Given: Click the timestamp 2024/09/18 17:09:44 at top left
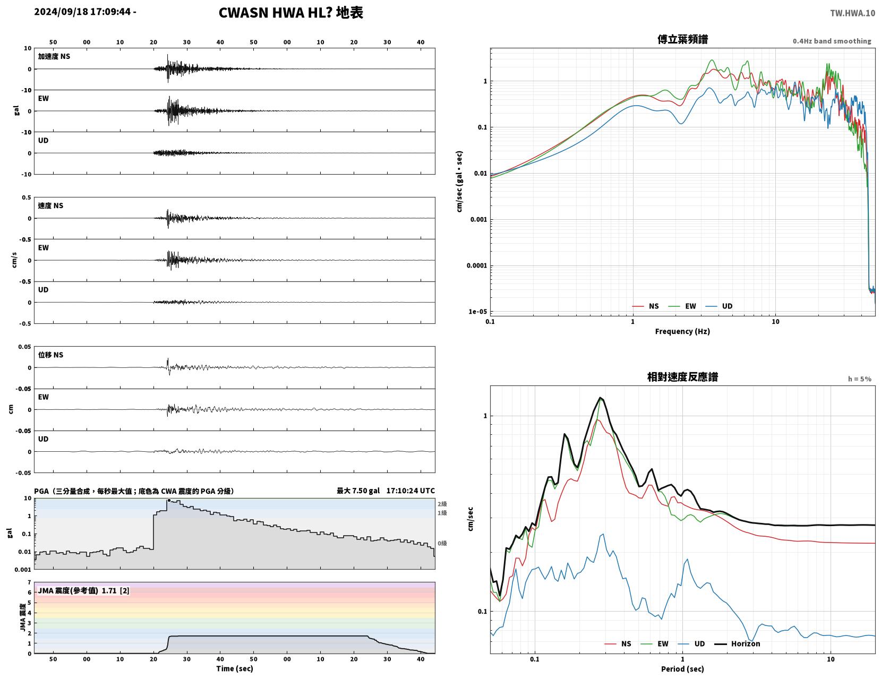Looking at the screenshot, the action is (82, 12).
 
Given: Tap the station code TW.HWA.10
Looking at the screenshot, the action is (852, 13).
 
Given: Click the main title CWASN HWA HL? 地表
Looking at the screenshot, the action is (290, 13).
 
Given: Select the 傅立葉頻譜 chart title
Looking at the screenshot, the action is (682, 39).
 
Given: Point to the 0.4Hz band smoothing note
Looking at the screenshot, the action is (832, 41).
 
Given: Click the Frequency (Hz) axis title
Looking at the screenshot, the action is (682, 331).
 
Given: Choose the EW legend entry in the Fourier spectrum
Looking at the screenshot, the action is (682, 306).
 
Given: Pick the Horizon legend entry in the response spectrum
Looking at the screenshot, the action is (737, 643).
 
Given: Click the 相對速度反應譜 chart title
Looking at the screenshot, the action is (682, 377).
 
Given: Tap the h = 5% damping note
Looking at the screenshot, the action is (859, 379).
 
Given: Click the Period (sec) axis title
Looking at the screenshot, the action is (682, 668).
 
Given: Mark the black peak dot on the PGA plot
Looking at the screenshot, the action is (169, 500).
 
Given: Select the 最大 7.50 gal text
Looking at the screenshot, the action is (357, 491).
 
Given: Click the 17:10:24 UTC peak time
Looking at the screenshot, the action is (410, 491).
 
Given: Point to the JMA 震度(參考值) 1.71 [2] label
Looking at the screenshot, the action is (83, 590).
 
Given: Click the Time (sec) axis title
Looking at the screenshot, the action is (234, 668).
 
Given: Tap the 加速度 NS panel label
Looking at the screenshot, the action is (54, 56).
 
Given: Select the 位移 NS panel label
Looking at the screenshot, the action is (50, 355).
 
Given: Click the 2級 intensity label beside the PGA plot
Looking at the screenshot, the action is (442, 504).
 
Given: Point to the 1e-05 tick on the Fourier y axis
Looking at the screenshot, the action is (477, 312).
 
